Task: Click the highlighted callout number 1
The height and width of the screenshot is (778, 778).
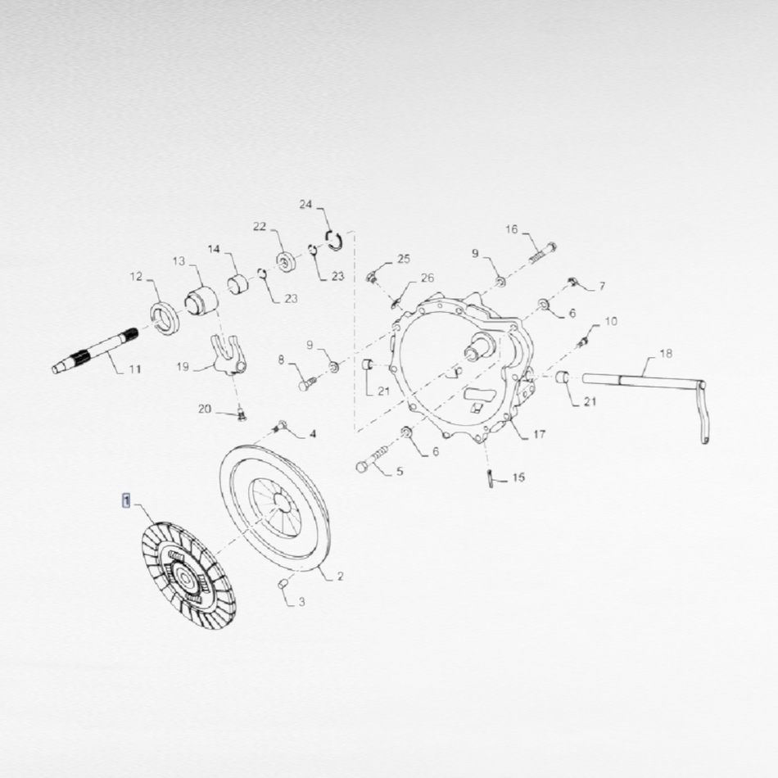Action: tap(126, 501)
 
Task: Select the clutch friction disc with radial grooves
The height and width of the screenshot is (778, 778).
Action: tap(188, 576)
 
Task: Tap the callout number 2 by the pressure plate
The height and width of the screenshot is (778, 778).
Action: tap(340, 576)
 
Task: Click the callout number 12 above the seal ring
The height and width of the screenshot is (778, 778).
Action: tap(136, 277)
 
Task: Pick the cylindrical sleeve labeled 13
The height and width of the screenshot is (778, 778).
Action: tap(201, 300)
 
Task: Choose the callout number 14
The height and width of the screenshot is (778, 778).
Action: tap(214, 249)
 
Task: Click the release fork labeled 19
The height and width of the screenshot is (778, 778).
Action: tap(228, 355)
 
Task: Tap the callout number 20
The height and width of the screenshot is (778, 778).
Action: tap(205, 409)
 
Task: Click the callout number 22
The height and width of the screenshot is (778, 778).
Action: tap(260, 227)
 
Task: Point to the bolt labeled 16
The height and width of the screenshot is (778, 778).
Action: tap(543, 252)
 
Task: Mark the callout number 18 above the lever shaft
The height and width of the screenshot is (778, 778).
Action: tap(666, 353)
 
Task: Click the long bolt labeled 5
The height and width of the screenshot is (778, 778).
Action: tap(372, 459)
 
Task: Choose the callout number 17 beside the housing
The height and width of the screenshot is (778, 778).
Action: tap(540, 435)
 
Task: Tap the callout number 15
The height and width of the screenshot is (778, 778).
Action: tap(518, 477)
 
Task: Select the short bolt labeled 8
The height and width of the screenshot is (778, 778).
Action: tap(307, 382)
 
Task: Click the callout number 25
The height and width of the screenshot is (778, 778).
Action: tap(404, 259)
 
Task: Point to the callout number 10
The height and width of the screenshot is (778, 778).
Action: tap(611, 322)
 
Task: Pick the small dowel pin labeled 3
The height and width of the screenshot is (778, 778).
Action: tap(283, 584)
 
